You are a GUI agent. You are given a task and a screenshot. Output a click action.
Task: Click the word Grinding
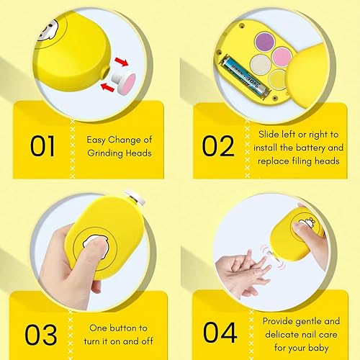pyautogui.click(x=108, y=153)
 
